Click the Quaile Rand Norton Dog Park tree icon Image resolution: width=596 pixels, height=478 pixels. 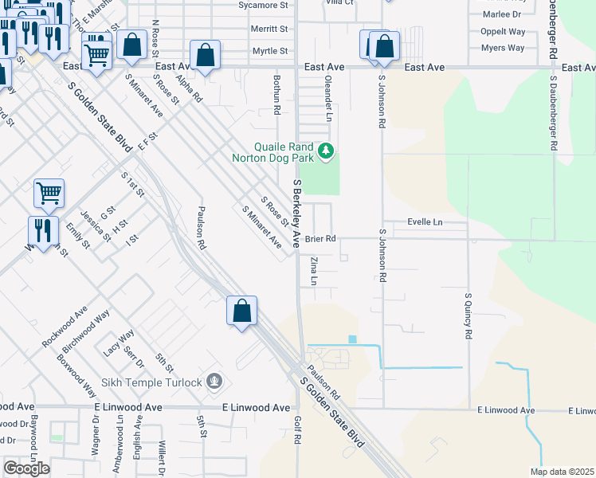tap(325, 150)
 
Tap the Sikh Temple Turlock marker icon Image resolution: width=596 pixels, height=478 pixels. tap(214, 382)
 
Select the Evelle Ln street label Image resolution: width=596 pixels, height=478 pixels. tap(425, 221)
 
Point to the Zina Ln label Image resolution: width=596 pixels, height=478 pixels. tap(313, 271)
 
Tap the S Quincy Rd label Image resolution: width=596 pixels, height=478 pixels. tap(469, 316)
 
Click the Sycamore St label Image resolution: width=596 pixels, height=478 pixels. tap(263, 5)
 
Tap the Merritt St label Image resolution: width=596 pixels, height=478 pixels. tap(269, 29)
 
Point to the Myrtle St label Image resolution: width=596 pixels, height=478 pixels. tap(269, 51)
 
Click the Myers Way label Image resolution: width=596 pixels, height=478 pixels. tap(503, 48)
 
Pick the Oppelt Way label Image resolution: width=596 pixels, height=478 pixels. tap(503, 31)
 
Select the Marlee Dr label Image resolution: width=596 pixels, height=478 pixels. tap(501, 14)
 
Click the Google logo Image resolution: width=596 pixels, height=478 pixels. tap(27, 468)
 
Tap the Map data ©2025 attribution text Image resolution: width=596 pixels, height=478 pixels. tap(562, 472)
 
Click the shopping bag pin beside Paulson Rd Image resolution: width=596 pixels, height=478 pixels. tap(241, 311)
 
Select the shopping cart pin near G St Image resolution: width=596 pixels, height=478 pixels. tap(49, 192)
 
